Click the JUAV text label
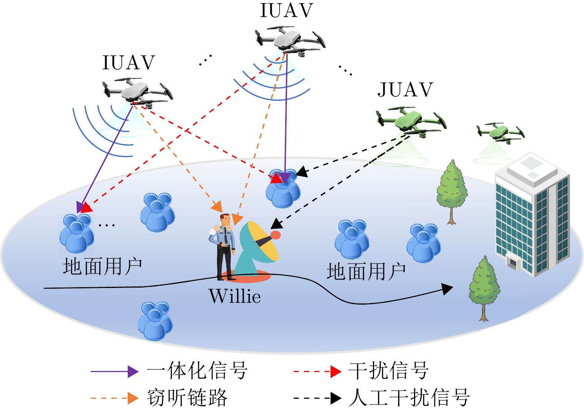click(405, 90)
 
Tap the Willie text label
click(235, 296)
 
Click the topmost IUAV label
click(287, 10)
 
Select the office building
click(533, 215)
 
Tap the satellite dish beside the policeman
click(258, 246)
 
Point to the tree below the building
click(484, 287)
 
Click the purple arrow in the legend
click(114, 371)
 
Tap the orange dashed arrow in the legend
click(114, 398)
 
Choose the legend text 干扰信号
click(388, 371)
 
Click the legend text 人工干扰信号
click(409, 398)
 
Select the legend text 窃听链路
click(187, 398)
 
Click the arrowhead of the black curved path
click(448, 289)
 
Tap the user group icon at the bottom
click(155, 321)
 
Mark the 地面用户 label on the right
click(366, 272)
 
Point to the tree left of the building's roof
click(451, 191)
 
